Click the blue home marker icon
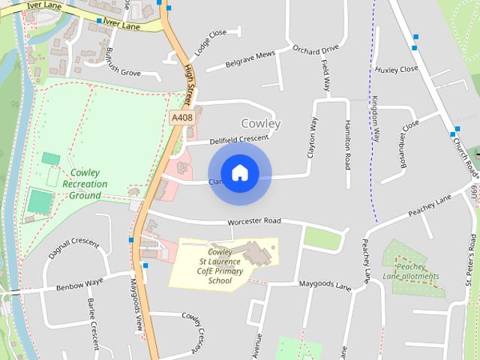(239, 173)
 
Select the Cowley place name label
(261, 123)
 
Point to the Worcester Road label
(253, 222)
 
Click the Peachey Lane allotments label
(417, 271)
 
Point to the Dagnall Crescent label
(73, 248)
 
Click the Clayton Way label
(313, 136)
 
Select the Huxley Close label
(397, 69)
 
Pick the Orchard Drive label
(316, 51)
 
